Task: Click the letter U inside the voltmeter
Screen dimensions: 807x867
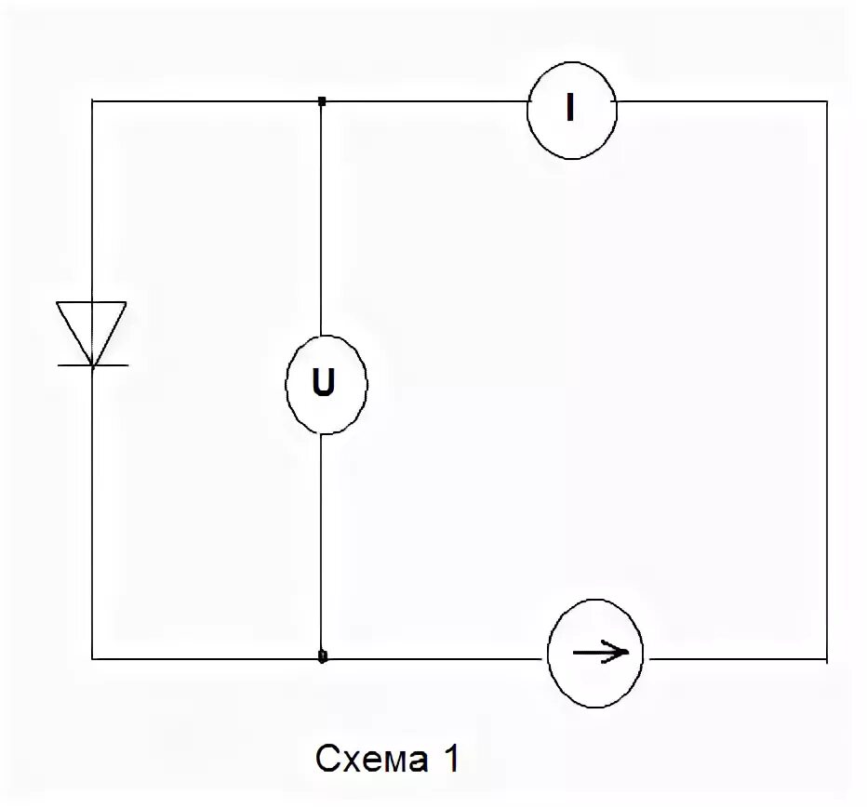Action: click(325, 385)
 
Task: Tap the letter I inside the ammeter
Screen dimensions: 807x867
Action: click(570, 110)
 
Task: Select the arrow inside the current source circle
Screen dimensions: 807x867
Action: click(601, 654)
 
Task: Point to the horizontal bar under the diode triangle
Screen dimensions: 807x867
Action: click(92, 365)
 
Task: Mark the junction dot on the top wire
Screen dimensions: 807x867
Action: click(321, 100)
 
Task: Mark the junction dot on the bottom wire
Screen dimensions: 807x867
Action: click(322, 656)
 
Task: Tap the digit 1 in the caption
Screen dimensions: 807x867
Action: click(450, 760)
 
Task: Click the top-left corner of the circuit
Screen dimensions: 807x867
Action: click(92, 100)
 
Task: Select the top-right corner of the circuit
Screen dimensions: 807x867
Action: click(826, 100)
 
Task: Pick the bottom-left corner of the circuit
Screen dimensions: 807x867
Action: click(92, 658)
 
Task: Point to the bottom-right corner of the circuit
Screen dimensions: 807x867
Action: click(826, 658)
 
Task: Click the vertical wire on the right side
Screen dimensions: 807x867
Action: click(826, 372)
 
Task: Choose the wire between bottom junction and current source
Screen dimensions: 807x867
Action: click(433, 658)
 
